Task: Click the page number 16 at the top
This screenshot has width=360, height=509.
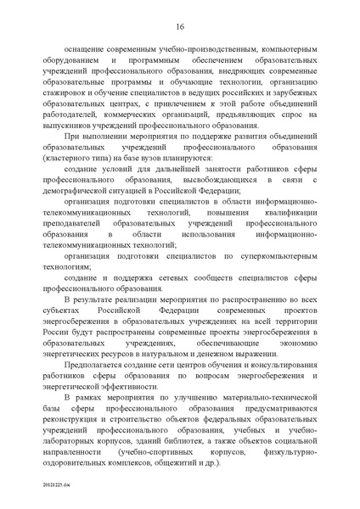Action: tap(180, 25)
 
